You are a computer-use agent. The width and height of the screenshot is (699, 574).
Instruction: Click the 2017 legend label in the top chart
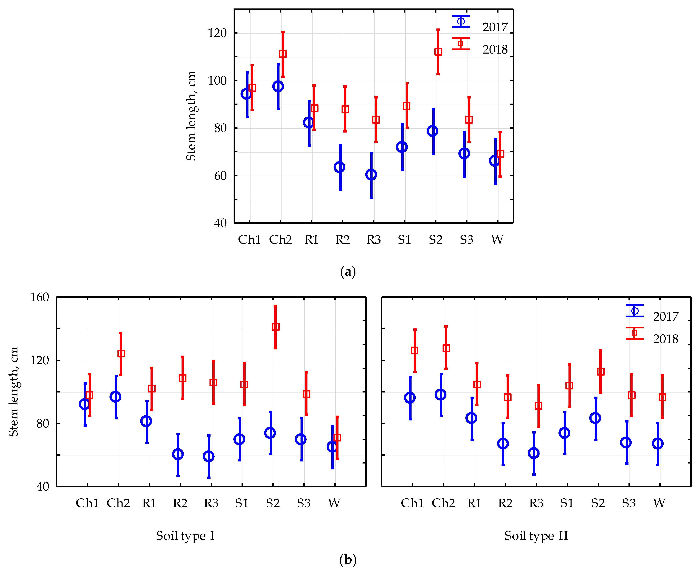[495, 27]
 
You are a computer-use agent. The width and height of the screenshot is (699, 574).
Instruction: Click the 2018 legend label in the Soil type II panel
[665, 339]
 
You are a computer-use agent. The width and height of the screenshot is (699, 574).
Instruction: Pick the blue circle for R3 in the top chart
[371, 175]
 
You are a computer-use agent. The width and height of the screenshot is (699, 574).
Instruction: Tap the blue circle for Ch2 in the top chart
[278, 86]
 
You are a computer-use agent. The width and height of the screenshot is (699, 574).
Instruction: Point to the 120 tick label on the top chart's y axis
[217, 33]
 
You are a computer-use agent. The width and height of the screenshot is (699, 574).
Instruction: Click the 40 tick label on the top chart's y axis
[221, 223]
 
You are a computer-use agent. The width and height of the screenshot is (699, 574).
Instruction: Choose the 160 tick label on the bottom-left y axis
[40, 297]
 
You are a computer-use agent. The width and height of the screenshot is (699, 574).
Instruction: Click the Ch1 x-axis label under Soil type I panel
[87, 503]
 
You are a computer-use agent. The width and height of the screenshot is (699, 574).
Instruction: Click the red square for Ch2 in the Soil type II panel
[446, 348]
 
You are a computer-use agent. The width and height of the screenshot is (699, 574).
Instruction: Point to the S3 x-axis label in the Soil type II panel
[628, 503]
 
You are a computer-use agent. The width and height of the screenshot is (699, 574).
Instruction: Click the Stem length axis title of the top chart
[191, 116]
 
